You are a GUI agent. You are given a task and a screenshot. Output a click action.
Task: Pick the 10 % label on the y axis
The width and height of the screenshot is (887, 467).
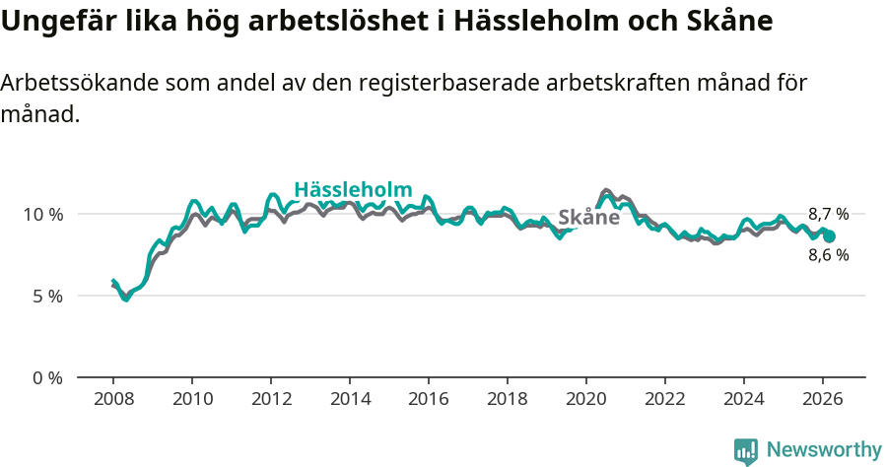(x=41, y=214)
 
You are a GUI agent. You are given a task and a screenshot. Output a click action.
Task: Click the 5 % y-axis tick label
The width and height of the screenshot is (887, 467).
(x=46, y=296)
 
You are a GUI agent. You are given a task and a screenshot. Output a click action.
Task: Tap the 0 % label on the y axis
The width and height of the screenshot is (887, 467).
(x=46, y=377)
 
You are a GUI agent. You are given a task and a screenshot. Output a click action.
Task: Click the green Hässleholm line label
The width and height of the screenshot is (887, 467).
(x=353, y=190)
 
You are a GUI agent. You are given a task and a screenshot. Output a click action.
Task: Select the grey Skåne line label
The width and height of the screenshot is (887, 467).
(x=588, y=218)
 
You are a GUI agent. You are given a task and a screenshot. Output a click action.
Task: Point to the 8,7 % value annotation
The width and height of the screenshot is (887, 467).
(x=828, y=214)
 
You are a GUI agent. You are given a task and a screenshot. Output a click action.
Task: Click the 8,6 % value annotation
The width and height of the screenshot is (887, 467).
(x=828, y=255)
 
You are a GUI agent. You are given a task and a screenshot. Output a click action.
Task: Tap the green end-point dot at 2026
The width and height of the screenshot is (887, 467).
(x=829, y=236)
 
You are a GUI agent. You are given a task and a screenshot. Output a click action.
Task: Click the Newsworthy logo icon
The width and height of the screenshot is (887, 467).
(x=746, y=450)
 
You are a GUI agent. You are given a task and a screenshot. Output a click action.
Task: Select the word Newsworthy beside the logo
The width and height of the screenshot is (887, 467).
(x=824, y=450)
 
